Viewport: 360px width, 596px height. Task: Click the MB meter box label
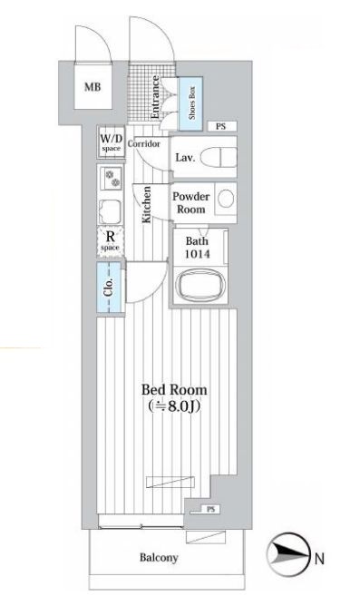tap(92, 87)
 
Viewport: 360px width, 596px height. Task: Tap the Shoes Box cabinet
tap(190, 103)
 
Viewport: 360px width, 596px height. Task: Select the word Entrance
tap(155, 97)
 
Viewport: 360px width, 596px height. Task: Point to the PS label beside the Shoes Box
tap(221, 126)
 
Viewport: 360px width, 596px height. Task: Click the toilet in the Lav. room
tap(219, 157)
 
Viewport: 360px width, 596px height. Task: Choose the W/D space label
tap(111, 142)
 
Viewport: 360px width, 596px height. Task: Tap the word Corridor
tap(143, 143)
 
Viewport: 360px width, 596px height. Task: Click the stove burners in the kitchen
tap(113, 180)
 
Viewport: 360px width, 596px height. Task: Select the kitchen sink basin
tap(111, 211)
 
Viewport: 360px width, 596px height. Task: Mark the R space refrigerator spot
tap(111, 241)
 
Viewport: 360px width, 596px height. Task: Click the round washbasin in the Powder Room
tap(226, 199)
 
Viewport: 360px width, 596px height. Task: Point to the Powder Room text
tap(190, 202)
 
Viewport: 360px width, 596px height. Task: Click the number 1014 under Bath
tap(198, 254)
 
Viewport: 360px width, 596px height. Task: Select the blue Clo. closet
tap(109, 288)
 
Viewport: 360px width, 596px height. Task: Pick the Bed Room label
tap(174, 390)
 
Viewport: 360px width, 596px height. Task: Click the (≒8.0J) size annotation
tap(174, 406)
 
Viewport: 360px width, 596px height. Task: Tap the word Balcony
tap(159, 558)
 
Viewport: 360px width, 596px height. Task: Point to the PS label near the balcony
tap(211, 509)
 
